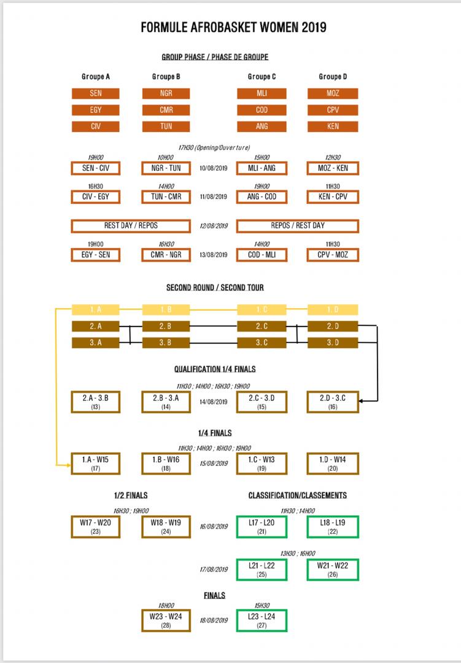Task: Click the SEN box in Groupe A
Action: (x=96, y=94)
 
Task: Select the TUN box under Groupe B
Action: (x=166, y=126)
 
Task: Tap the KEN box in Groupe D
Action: (x=332, y=126)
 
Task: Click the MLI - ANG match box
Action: (x=261, y=168)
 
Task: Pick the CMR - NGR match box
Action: (x=166, y=255)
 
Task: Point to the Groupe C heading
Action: (x=261, y=77)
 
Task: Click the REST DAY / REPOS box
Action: (x=131, y=226)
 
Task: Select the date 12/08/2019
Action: (x=214, y=226)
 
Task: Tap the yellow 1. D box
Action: (x=332, y=309)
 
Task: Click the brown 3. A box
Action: (x=96, y=343)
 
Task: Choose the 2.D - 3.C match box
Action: (x=332, y=401)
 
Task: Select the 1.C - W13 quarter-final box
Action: (x=261, y=463)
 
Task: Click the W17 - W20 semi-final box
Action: (x=96, y=527)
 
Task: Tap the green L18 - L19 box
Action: (x=332, y=527)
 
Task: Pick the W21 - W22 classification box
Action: (x=332, y=570)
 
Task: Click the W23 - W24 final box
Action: (x=166, y=621)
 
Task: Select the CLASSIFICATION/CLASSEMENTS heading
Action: (x=297, y=495)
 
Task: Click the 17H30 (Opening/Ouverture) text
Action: (x=214, y=148)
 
